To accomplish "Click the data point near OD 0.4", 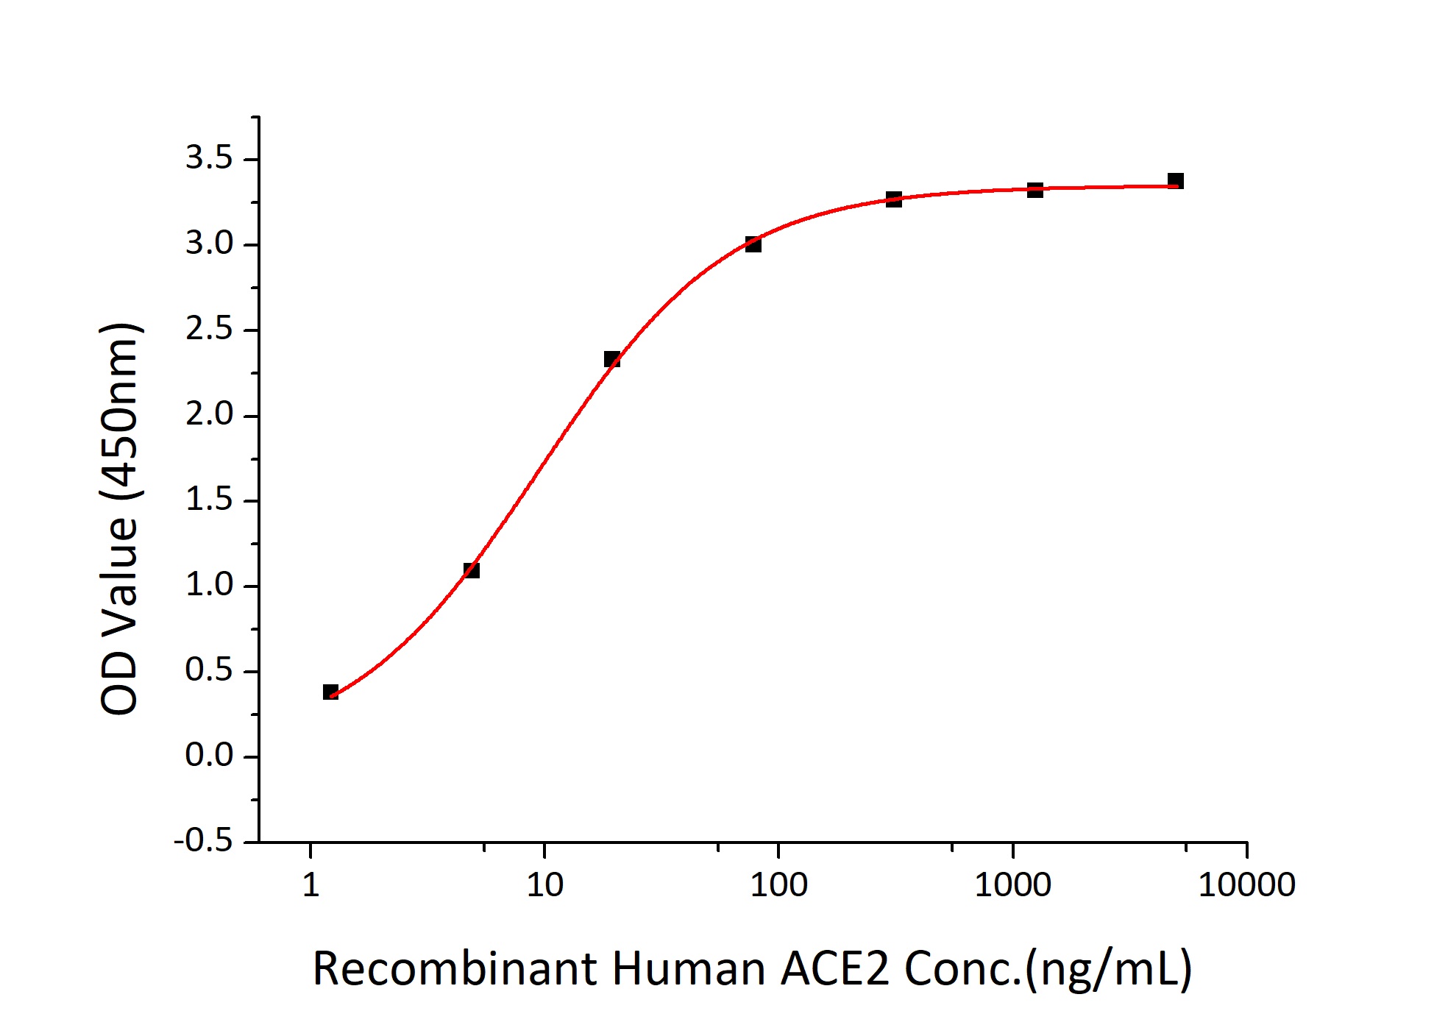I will click(x=330, y=692).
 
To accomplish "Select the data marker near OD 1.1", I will click(x=472, y=570).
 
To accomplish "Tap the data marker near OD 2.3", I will click(x=611, y=359).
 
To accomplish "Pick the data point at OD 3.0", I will click(x=753, y=244).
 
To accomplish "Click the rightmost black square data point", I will click(x=1176, y=181).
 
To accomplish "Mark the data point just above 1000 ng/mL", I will click(x=1034, y=190).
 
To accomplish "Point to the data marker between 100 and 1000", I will click(x=893, y=199).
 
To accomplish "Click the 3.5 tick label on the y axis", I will click(x=209, y=158).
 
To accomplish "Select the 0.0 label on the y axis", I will click(x=209, y=756).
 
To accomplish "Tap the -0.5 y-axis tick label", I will click(x=203, y=841).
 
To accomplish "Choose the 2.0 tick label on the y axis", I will click(x=209, y=415).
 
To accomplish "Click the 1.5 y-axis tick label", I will click(x=209, y=500).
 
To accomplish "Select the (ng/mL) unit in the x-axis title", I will click(x=1109, y=970).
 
